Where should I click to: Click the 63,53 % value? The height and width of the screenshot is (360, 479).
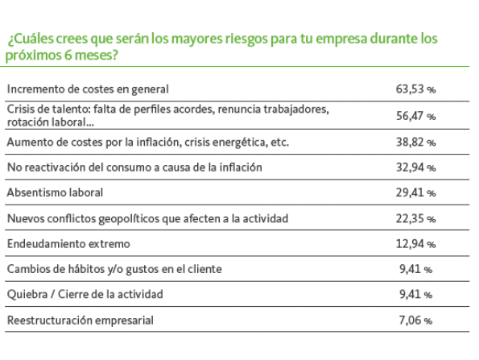(x=415, y=89)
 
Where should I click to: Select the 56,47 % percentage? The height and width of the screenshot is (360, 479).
(x=415, y=116)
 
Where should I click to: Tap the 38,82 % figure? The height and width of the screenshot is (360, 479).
(x=415, y=142)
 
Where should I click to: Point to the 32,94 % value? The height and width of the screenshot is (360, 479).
(x=415, y=168)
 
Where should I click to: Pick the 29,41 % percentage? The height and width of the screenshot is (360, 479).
(x=415, y=192)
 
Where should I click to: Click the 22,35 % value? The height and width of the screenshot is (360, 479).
(x=415, y=218)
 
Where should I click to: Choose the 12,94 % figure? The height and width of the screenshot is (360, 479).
(x=415, y=244)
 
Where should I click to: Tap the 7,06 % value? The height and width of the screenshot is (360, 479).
(x=415, y=321)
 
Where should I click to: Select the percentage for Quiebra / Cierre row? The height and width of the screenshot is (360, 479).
(x=415, y=294)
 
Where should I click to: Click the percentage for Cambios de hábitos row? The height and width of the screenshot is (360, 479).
(x=415, y=269)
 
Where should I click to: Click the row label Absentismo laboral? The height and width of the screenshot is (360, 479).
(x=55, y=192)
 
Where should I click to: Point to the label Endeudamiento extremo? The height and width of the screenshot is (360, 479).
(x=68, y=244)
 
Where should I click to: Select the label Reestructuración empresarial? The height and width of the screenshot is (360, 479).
(x=80, y=321)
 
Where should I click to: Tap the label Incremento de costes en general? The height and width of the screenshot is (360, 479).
(x=88, y=89)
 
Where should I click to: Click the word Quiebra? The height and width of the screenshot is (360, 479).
(x=27, y=294)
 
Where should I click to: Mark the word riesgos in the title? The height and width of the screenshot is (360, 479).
(x=246, y=39)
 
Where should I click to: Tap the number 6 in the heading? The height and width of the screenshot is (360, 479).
(x=68, y=56)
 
